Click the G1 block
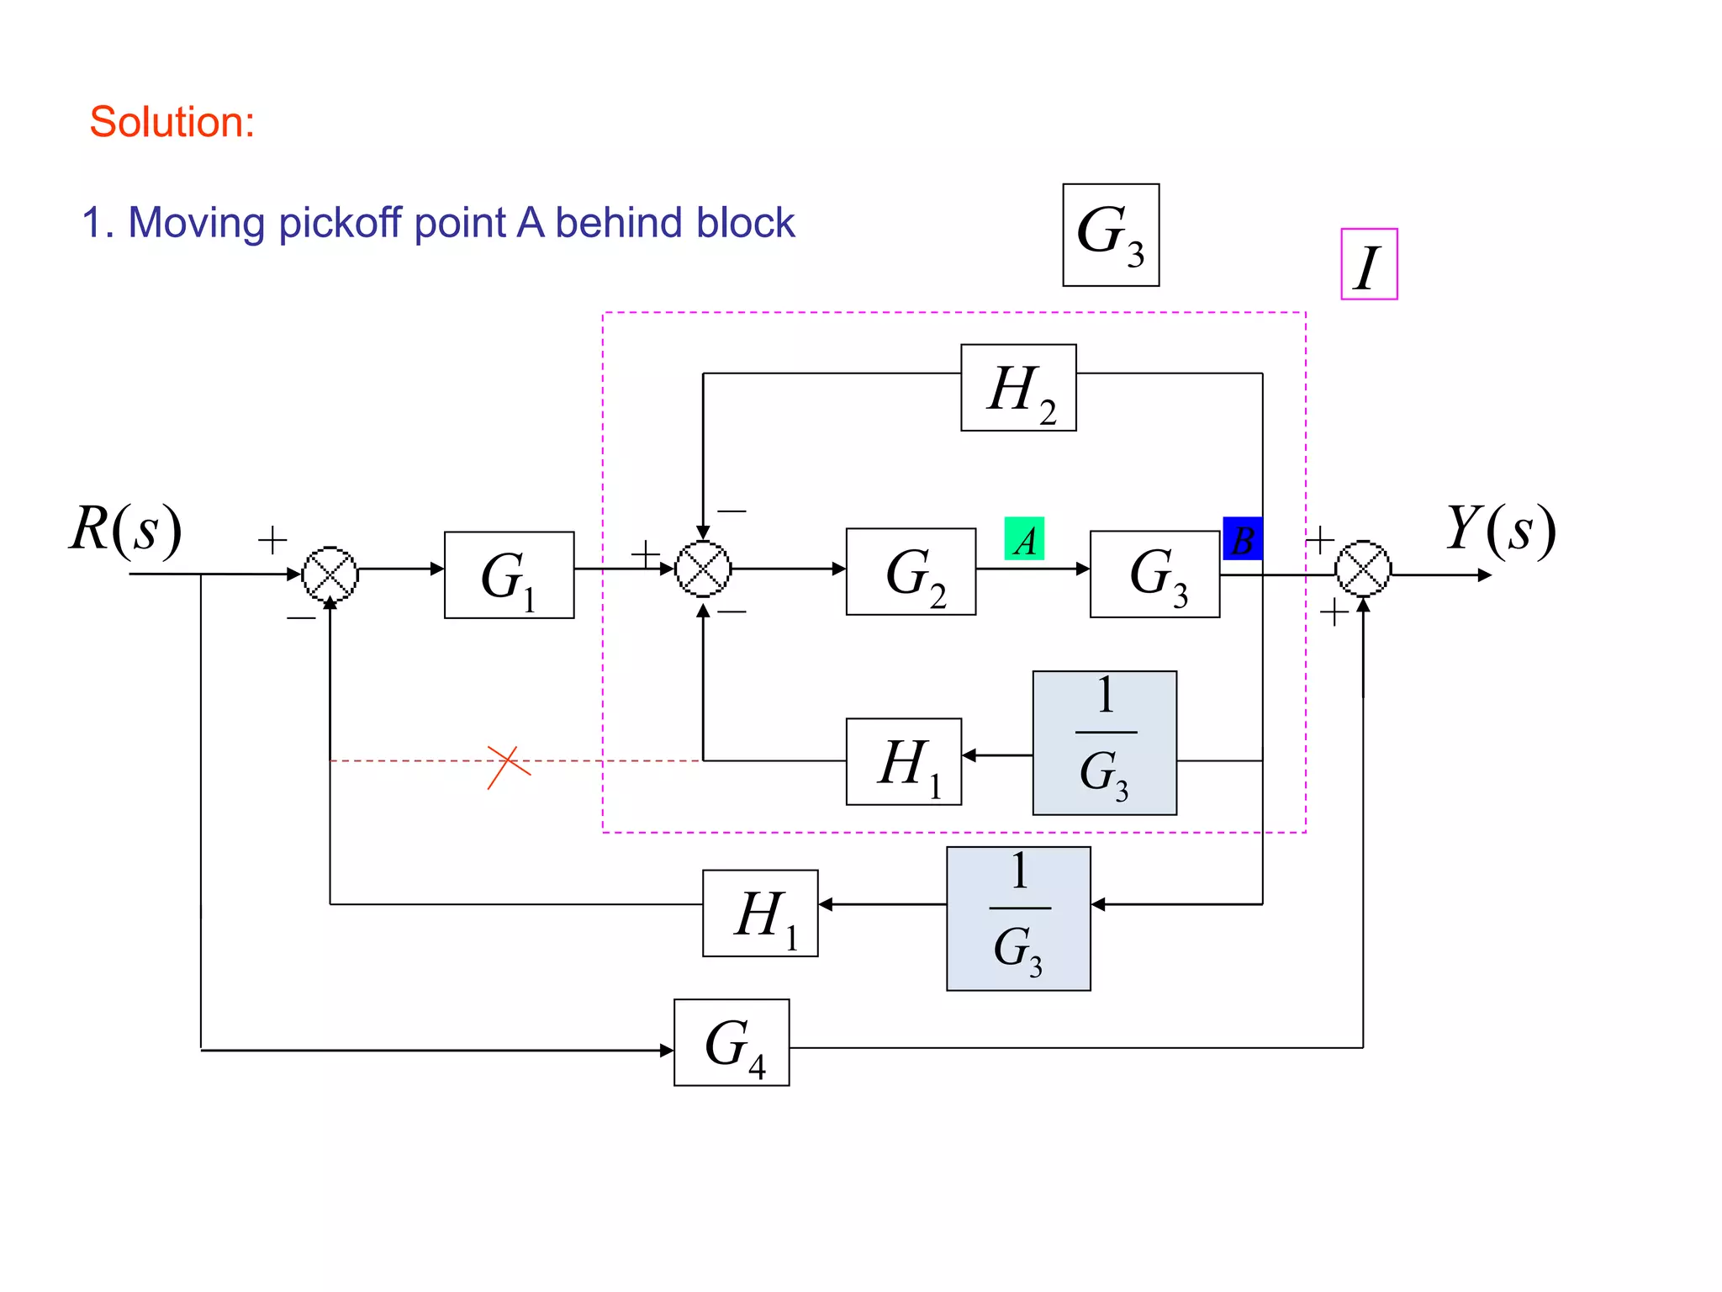coord(509,575)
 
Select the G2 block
coord(911,572)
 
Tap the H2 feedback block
coord(1018,388)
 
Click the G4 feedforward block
coord(732,1042)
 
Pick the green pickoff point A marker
coord(1024,539)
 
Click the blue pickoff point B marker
coord(1242,539)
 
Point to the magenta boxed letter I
coord(1368,264)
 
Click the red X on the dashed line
coord(508,766)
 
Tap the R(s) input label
coord(126,530)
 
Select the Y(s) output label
coord(1501,530)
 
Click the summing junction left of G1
coord(330,574)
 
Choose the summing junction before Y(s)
coord(1363,569)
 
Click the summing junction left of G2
coord(703,569)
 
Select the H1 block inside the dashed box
coord(903,761)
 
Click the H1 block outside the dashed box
coord(760,913)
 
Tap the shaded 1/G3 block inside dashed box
coord(1104,743)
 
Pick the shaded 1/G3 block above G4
coord(1018,918)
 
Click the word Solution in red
coord(172,122)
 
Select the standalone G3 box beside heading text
coord(1110,235)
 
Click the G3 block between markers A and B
coord(1154,575)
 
